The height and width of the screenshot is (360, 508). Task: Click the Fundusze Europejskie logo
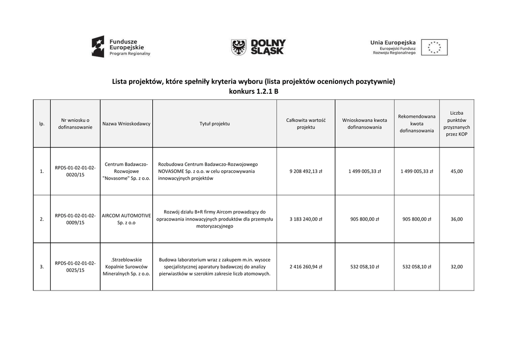(121, 47)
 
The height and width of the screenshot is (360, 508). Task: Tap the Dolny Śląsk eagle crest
(239, 47)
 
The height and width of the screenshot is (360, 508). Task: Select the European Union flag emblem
(434, 47)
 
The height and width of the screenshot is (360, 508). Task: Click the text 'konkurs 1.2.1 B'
(254, 91)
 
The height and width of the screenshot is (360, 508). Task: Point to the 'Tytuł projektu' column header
(214, 124)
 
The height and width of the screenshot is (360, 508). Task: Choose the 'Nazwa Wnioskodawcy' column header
(126, 124)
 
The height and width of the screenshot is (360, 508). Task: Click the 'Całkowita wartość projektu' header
(306, 124)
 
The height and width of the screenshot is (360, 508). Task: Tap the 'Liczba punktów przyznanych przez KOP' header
(456, 124)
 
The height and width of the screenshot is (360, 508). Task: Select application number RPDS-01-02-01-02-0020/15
(75, 171)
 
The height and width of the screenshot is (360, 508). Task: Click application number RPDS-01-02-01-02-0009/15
(75, 219)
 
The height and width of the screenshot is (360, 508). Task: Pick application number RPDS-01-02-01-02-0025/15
(75, 267)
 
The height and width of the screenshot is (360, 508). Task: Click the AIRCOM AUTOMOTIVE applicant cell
(126, 219)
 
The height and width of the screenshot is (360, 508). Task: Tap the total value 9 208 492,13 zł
(306, 171)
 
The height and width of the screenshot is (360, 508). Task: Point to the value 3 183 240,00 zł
(306, 219)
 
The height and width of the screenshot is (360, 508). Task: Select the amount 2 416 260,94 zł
(306, 267)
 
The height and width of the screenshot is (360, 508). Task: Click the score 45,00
(456, 171)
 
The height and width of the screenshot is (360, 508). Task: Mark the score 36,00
(456, 219)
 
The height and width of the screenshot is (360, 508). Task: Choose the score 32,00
(456, 267)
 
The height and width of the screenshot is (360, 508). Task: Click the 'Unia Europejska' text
(393, 43)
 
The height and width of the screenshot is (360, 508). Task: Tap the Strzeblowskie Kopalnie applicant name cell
(126, 267)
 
